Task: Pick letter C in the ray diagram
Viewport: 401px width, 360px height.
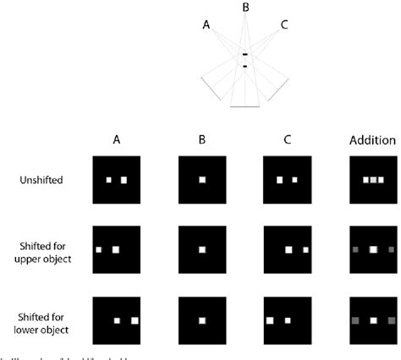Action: click(x=284, y=25)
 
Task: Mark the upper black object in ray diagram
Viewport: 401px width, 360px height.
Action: click(x=245, y=56)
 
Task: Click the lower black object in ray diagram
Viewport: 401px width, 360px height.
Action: click(x=245, y=66)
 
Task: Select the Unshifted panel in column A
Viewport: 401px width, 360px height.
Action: click(x=116, y=180)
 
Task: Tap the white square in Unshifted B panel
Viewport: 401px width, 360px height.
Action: click(x=201, y=180)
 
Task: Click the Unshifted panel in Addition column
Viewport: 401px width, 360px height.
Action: click(x=372, y=180)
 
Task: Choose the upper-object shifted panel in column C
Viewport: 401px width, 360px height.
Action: click(x=287, y=250)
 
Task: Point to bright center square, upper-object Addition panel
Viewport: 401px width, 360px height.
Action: click(x=372, y=250)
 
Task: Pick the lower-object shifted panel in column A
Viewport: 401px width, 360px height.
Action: click(x=116, y=320)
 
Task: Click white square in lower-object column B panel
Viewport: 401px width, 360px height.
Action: click(x=201, y=320)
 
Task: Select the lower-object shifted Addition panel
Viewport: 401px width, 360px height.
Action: click(x=372, y=320)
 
